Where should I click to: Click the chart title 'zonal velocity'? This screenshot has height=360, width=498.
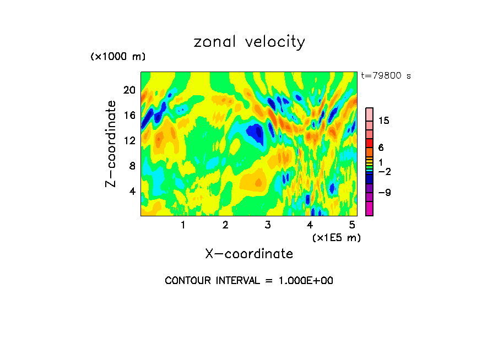click(x=249, y=42)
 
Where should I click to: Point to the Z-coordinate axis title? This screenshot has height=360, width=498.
click(x=111, y=144)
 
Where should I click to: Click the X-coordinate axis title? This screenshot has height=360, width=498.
click(x=249, y=254)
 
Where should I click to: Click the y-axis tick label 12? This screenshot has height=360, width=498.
click(x=129, y=140)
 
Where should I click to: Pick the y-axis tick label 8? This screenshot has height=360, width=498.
click(x=132, y=166)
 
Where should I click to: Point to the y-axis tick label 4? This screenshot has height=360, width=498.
click(x=132, y=191)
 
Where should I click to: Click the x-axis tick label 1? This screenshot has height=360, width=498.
click(x=183, y=225)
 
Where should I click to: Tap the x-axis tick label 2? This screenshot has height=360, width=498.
click(x=225, y=225)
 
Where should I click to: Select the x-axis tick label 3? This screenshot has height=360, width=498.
click(x=268, y=225)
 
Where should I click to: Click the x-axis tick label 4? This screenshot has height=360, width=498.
click(x=310, y=225)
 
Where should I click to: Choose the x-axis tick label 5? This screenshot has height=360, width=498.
click(x=351, y=225)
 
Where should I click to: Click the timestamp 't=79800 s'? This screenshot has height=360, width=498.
click(x=386, y=76)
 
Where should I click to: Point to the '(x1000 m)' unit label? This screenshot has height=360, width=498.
click(x=118, y=57)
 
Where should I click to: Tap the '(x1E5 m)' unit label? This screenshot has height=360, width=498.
click(x=336, y=237)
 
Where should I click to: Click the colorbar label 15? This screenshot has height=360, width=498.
click(x=384, y=121)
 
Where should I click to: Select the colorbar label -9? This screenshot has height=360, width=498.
click(x=384, y=192)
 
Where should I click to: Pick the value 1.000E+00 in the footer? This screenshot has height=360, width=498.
click(x=305, y=281)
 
